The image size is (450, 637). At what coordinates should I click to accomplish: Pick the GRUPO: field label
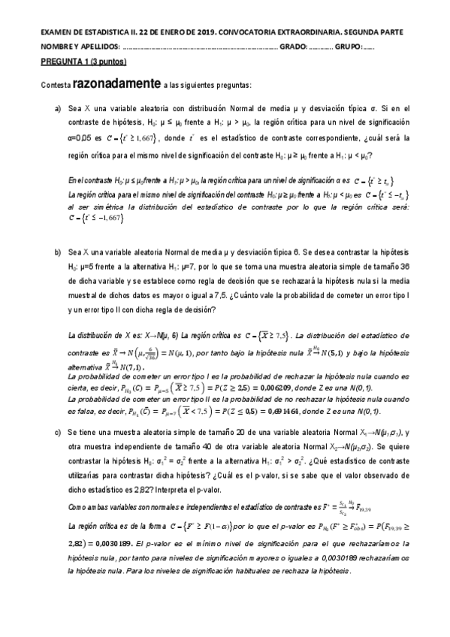(348, 46)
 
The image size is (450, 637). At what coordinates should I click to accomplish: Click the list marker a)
(57, 109)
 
